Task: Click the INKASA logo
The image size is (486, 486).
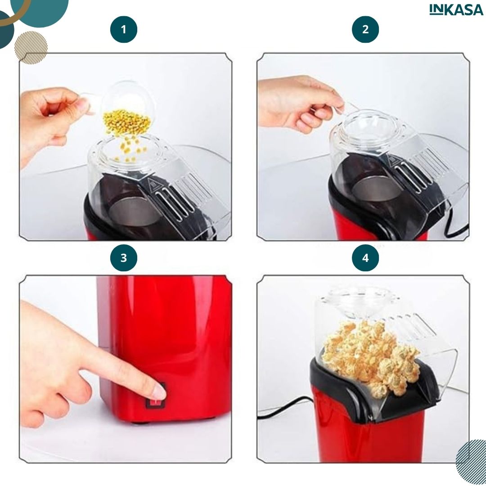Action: click(456, 10)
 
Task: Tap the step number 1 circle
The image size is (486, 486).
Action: click(124, 29)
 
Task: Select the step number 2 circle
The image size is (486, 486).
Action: click(365, 29)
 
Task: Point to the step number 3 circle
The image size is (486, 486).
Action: click(124, 258)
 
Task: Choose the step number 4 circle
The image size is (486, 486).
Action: click(365, 258)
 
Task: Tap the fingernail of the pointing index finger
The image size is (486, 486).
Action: click(160, 392)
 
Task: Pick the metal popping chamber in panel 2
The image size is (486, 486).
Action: click(377, 189)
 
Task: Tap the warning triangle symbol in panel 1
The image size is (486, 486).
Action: click(153, 185)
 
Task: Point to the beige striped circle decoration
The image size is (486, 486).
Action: click(31, 47)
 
